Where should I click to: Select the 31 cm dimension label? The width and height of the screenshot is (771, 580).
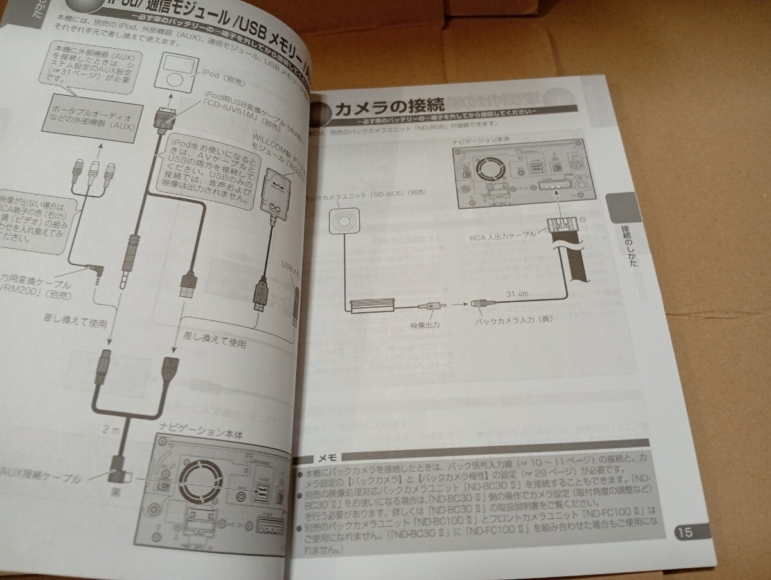(516, 293)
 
